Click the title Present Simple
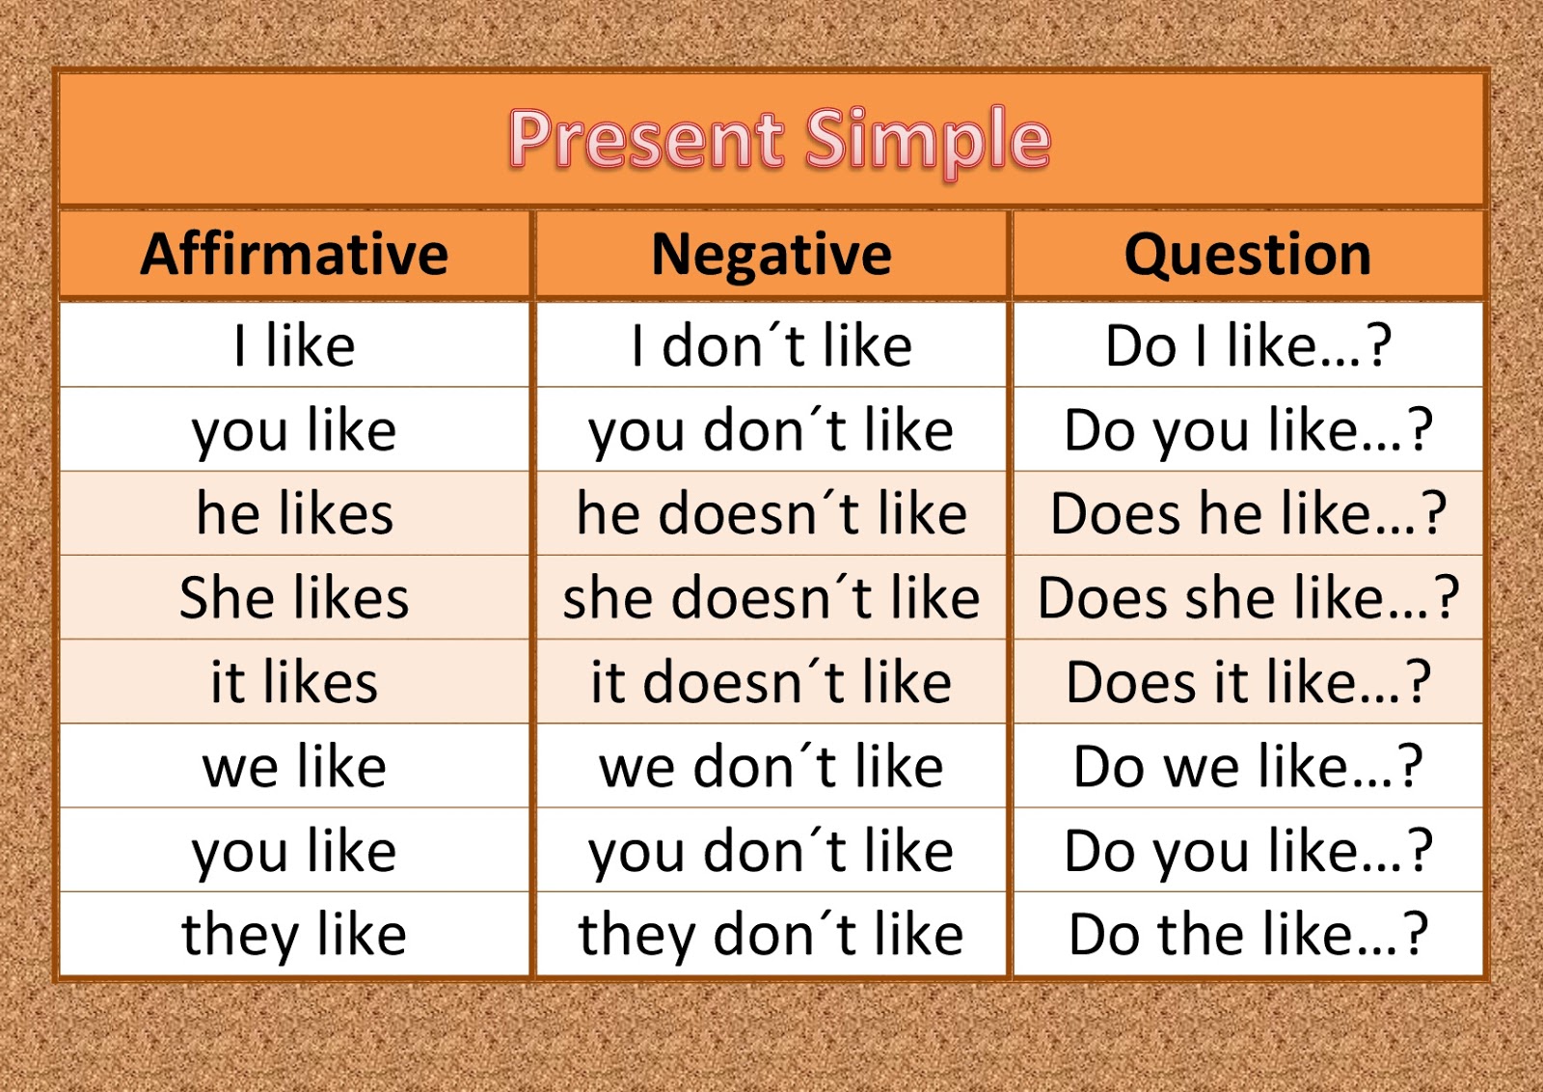[x=779, y=140]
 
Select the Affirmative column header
[x=294, y=254]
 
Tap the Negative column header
[x=771, y=254]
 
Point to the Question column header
[x=1248, y=254]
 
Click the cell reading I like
[x=294, y=345]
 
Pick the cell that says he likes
[x=294, y=513]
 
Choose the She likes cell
[x=294, y=597]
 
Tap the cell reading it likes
[x=294, y=682]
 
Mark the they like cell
[x=294, y=935]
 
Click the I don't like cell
[x=771, y=345]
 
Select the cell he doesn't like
[x=771, y=513]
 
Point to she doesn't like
[x=771, y=597]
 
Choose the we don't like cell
[x=771, y=767]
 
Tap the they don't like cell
[x=771, y=935]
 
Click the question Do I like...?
[x=1248, y=345]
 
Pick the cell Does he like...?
[x=1248, y=513]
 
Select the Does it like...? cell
[x=1248, y=682]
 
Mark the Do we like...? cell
[x=1248, y=767]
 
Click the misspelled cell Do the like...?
[x=1248, y=935]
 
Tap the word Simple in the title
[x=927, y=140]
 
